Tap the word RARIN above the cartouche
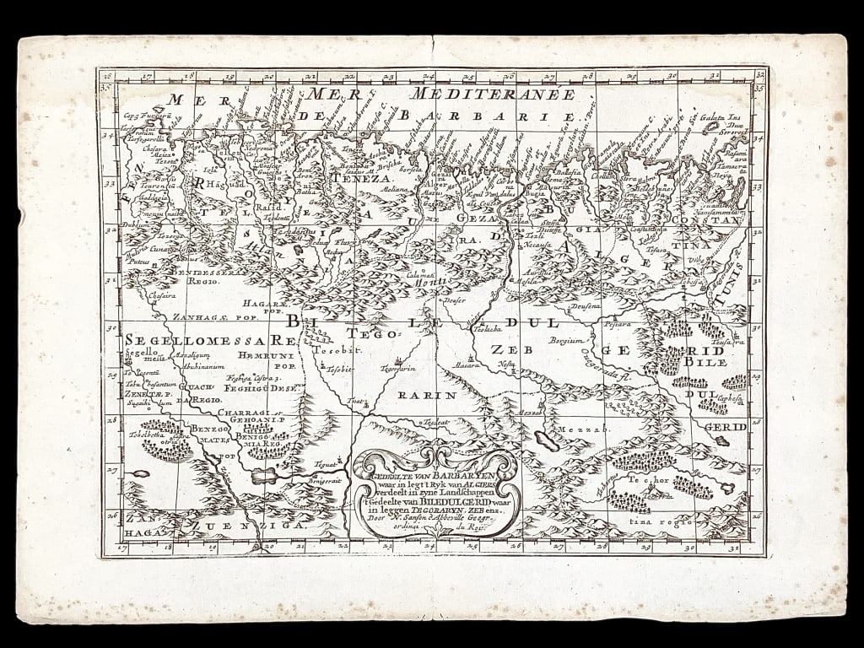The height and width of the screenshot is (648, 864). pos(426,394)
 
